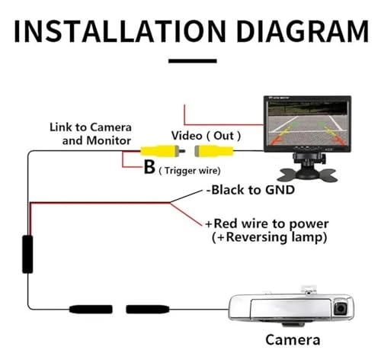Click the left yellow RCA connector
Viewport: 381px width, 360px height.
[156, 151]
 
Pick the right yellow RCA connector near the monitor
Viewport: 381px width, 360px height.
[214, 151]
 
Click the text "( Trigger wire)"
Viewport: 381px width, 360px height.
[190, 171]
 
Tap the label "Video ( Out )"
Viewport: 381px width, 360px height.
[206, 134]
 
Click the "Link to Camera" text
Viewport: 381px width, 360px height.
[91, 127]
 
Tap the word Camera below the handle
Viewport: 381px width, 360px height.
[293, 339]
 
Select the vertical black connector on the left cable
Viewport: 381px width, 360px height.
[27, 253]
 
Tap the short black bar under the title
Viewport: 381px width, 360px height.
[190, 60]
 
